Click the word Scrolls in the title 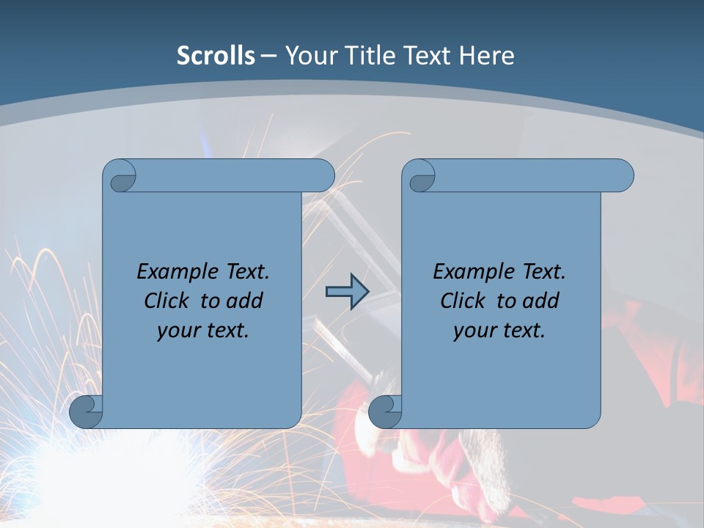[216, 56]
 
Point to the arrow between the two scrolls [347, 292]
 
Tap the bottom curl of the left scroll [87, 412]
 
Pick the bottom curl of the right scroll [386, 412]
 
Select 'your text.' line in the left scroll [202, 331]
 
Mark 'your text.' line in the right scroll [499, 331]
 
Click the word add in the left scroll [243, 301]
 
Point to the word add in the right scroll [540, 301]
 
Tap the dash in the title [268, 56]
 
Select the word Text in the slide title [426, 56]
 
